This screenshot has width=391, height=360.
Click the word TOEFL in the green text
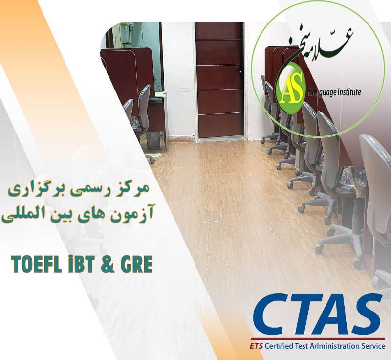coord(36,265)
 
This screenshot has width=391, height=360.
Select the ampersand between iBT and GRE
coord(107,265)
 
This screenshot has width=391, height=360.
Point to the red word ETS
coord(256,346)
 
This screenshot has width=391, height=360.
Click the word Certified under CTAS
coord(279,346)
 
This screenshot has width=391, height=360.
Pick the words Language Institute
coord(335,92)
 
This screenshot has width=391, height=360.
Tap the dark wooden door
coord(219,80)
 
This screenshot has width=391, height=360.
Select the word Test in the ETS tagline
coord(301,346)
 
